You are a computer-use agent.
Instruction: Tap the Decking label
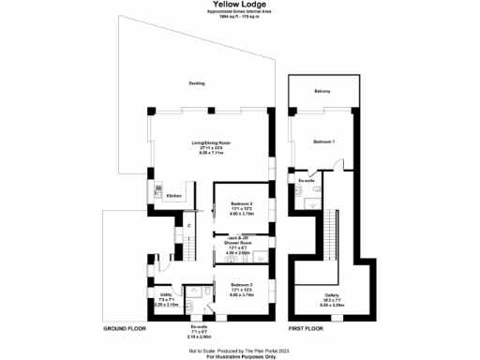click(197, 83)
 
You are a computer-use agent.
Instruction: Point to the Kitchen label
click(173, 196)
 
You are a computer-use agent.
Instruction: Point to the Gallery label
click(331, 295)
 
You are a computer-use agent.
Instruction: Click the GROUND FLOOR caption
click(126, 330)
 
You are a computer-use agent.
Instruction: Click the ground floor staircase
click(187, 246)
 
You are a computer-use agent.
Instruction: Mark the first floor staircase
click(333, 230)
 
